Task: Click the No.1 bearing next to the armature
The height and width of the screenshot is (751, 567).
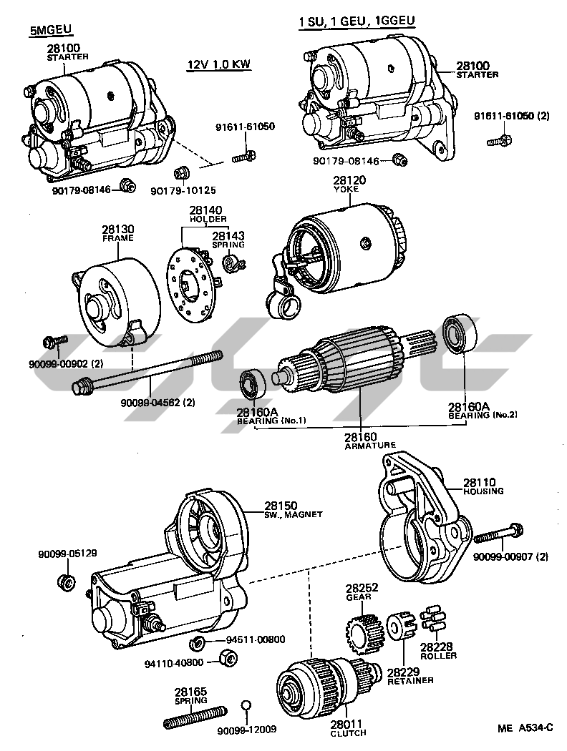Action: (253, 385)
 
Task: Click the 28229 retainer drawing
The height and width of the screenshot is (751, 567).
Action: (401, 627)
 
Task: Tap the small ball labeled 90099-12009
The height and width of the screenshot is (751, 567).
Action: (246, 706)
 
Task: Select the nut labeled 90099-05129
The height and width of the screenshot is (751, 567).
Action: (64, 580)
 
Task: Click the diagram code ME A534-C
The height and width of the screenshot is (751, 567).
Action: (525, 728)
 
